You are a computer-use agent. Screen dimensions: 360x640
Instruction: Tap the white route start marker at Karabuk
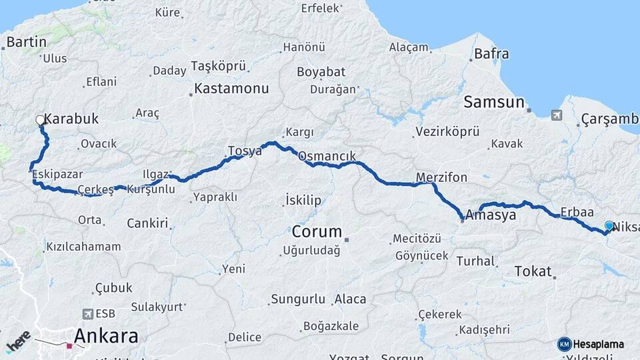[x=40, y=121]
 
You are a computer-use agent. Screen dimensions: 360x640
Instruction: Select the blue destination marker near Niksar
[x=609, y=226]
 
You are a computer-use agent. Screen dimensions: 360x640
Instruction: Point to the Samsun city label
[x=494, y=102]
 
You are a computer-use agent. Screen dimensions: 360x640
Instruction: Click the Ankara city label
[x=106, y=335]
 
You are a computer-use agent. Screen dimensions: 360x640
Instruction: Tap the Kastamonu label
[x=231, y=88]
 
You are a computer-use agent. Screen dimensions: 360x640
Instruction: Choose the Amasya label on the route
[x=491, y=216]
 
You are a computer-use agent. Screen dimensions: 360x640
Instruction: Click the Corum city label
[x=317, y=233]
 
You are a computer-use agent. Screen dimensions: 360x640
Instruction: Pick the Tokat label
[x=533, y=271]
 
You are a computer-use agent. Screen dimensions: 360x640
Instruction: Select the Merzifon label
[x=441, y=178]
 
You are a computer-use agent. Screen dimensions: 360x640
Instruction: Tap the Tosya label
[x=245, y=151]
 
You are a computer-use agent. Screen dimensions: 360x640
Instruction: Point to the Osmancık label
[x=331, y=156]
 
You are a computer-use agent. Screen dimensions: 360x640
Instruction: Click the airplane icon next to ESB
[x=87, y=313]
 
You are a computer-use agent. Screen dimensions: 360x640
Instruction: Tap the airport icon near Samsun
[x=557, y=116]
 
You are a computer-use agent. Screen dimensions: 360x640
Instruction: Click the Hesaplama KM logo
[x=591, y=344]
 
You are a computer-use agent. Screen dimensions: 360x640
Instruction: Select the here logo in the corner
[x=17, y=341]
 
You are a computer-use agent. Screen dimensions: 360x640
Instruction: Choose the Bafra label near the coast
[x=491, y=54]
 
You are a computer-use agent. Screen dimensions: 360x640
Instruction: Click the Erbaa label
[x=577, y=212]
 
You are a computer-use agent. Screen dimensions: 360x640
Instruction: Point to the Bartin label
[x=26, y=42]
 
